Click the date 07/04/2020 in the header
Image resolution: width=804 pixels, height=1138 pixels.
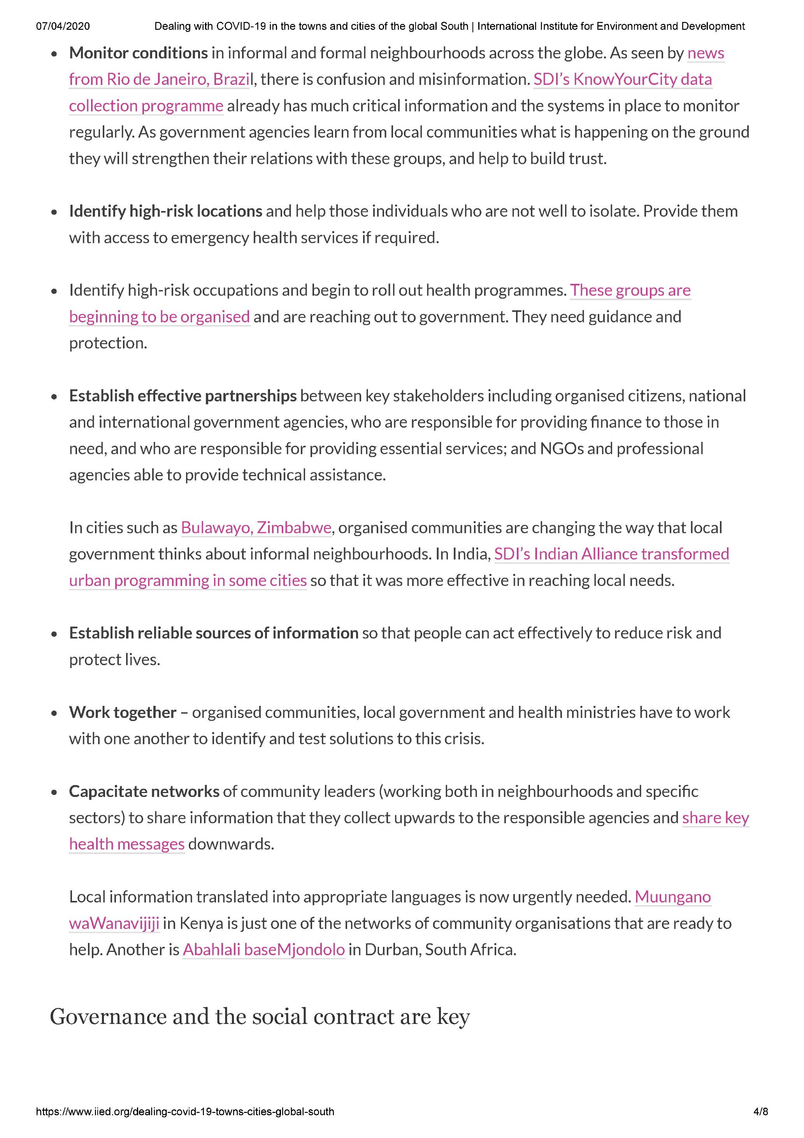[63, 26]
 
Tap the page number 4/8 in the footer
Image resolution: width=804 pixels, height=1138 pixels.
[760, 1111]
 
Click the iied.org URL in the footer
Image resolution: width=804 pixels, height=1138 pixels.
[185, 1111]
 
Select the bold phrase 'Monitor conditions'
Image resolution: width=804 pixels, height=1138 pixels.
[138, 53]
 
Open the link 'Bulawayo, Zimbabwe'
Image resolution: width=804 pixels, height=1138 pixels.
[256, 528]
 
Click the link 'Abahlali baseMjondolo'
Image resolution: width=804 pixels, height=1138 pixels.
[263, 949]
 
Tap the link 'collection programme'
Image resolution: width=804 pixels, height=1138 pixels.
[146, 106]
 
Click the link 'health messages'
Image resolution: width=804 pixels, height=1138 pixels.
[127, 844]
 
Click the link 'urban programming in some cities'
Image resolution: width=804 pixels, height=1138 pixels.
[188, 580]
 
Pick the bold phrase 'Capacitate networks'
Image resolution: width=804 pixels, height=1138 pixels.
[144, 791]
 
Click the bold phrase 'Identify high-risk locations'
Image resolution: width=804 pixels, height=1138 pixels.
[165, 211]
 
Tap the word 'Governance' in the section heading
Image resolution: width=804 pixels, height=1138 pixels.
[108, 1017]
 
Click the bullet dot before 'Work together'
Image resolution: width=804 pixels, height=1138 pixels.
[54, 714]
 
